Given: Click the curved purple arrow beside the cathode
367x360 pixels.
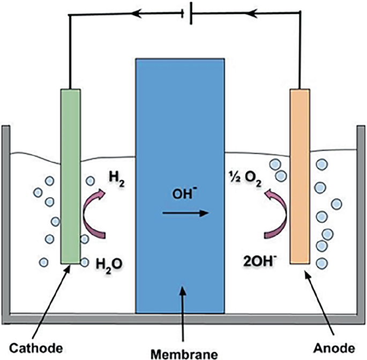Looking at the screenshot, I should [x=94, y=215].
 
